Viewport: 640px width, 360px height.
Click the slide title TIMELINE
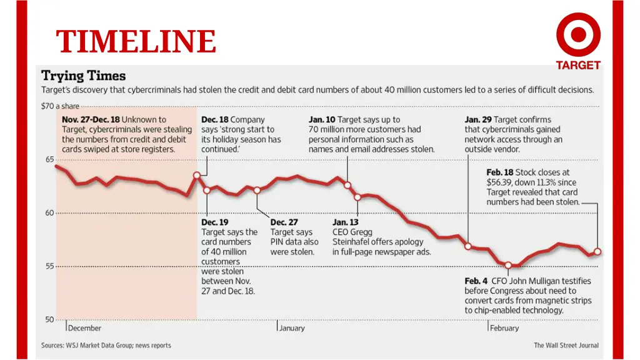coord(136,42)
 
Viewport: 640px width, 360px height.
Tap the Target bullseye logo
coord(578,35)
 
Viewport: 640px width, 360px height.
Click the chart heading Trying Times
coord(83,76)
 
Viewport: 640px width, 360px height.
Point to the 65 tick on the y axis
coord(48,159)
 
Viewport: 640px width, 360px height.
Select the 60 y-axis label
coord(48,212)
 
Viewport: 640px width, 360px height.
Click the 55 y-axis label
coord(48,266)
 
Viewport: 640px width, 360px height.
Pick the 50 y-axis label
coord(48,319)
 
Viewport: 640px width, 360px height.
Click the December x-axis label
coord(84,328)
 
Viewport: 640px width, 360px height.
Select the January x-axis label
coord(292,328)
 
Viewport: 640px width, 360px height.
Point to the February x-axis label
coord(504,328)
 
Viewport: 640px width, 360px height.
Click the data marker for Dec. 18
coord(197,175)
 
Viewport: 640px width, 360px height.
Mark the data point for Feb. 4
coord(509,266)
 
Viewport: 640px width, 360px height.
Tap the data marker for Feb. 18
coord(597,252)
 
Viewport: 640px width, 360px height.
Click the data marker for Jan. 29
coord(467,246)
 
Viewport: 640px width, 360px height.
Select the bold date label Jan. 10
coord(321,119)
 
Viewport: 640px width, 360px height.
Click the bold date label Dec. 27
coord(284,222)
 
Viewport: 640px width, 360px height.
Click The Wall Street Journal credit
coord(566,345)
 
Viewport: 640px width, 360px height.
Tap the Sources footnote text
coord(106,345)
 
